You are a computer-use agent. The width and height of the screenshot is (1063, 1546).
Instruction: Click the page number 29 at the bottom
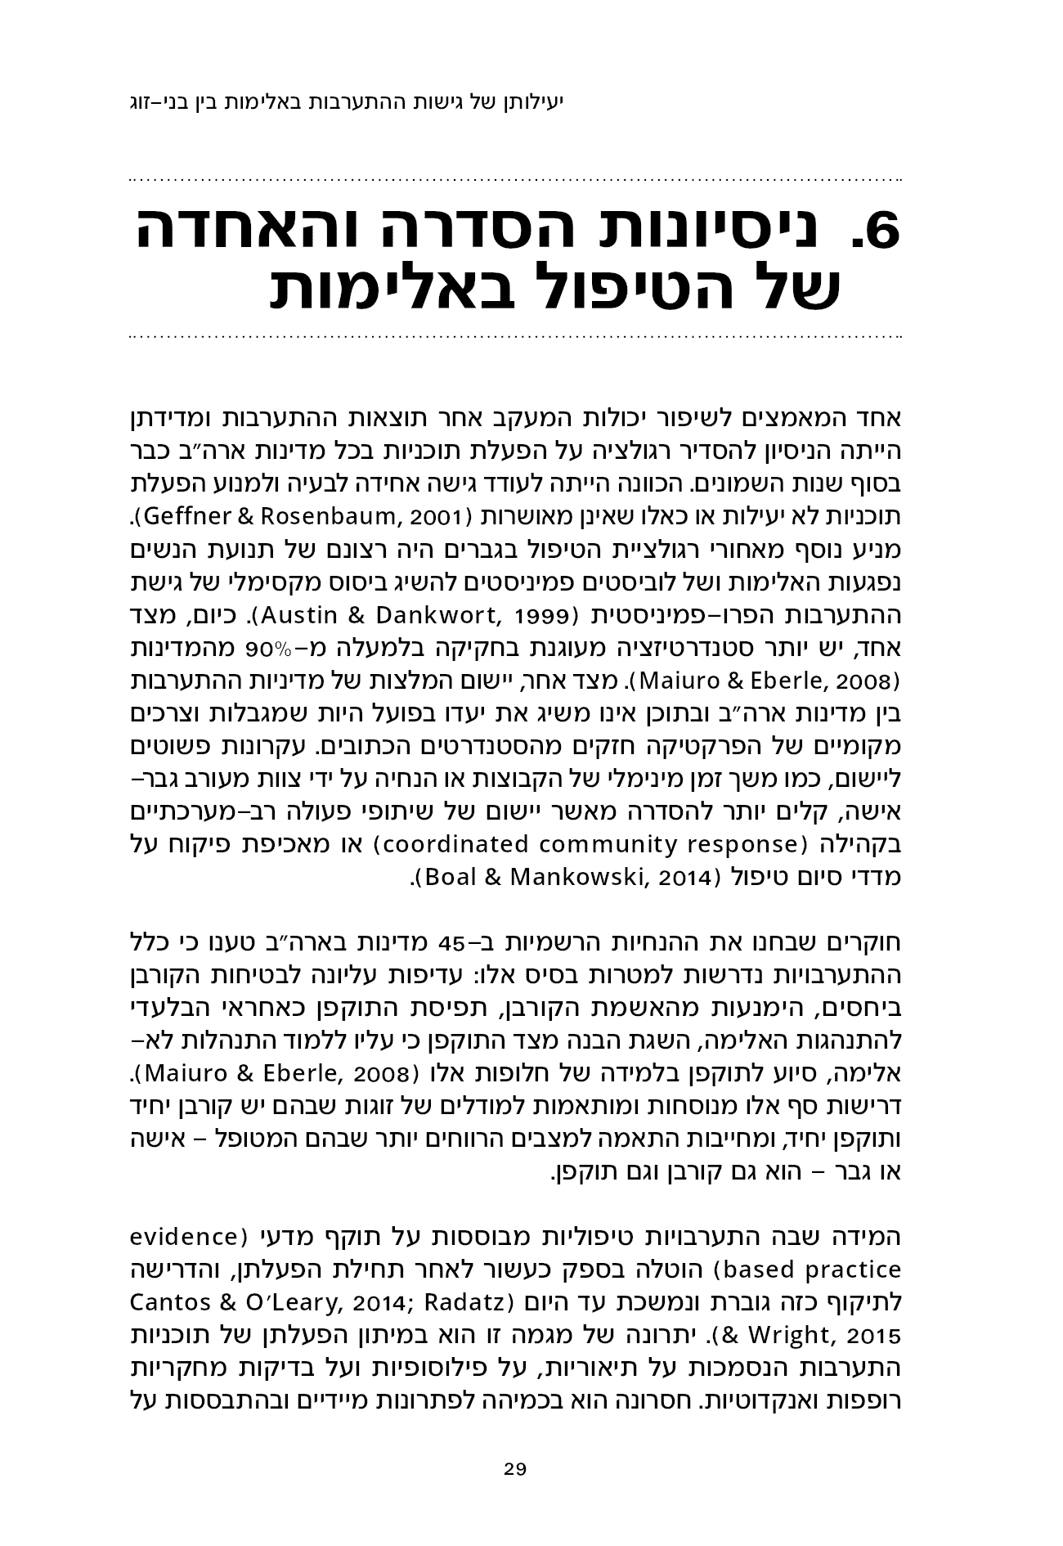click(x=515, y=1468)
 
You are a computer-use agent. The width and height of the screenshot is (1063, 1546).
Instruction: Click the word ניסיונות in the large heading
click(x=695, y=232)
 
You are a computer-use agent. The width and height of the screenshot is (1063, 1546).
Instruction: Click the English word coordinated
click(x=442, y=843)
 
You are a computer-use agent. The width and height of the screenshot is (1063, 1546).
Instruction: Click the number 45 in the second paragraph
click(x=453, y=940)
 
